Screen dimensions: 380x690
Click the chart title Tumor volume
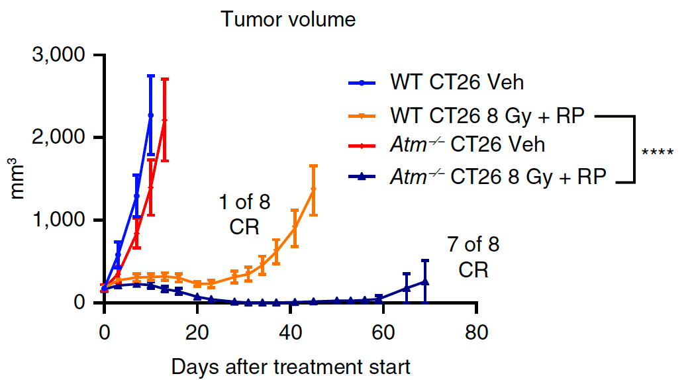(288, 20)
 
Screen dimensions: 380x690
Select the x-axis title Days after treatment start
(291, 366)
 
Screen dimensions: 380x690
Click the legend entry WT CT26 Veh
(457, 83)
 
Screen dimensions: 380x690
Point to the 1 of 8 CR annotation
(244, 214)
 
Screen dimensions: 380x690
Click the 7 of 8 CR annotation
(473, 258)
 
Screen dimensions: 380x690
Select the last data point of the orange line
(313, 189)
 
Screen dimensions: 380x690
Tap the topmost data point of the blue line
(150, 115)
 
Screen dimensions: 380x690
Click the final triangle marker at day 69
(424, 282)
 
